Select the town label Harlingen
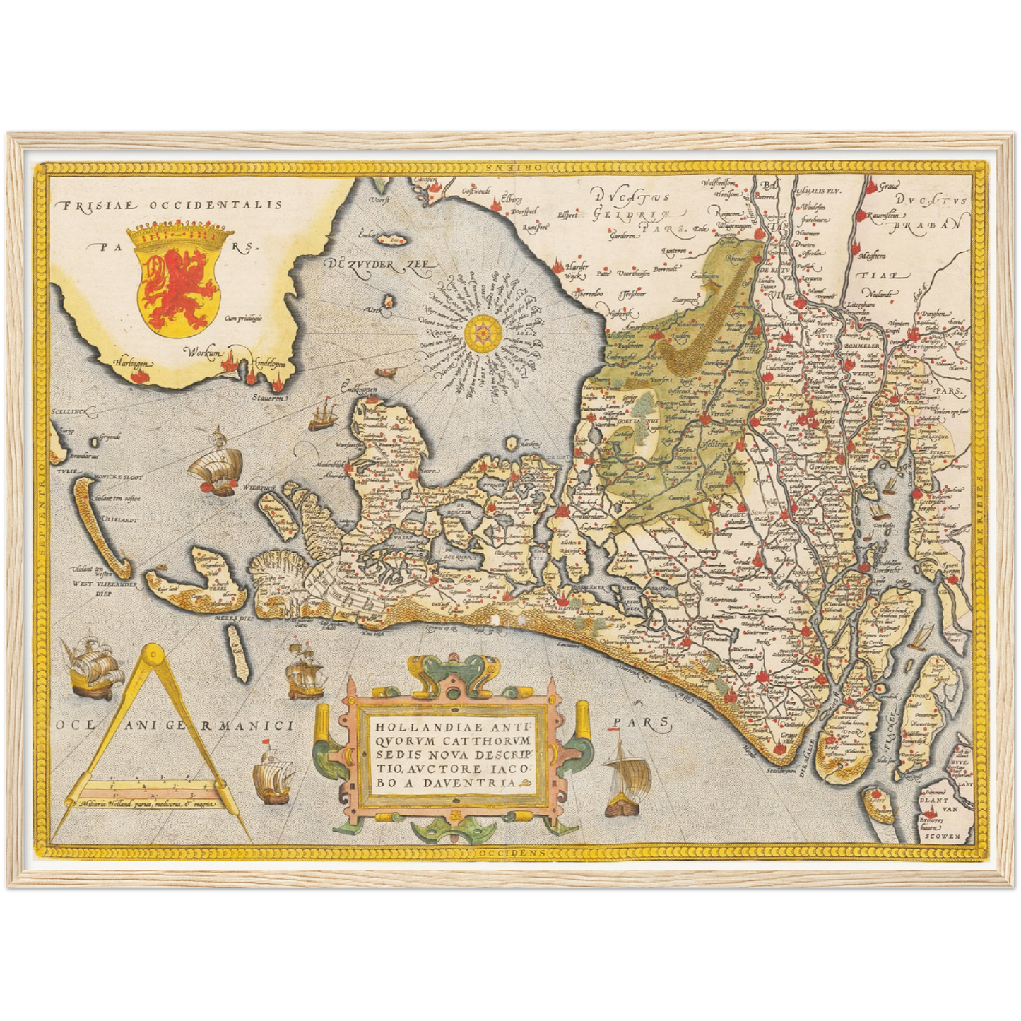coord(132,363)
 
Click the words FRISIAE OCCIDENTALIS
coord(172,206)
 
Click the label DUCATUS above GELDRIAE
coord(630,197)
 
